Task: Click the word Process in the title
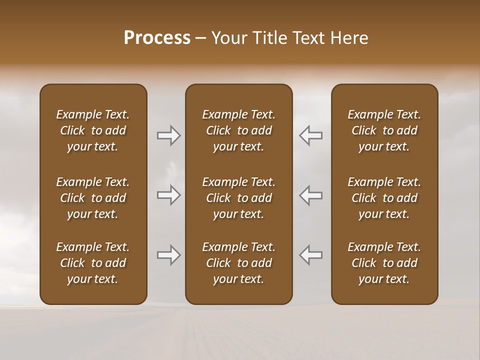(157, 38)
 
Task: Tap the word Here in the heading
(349, 38)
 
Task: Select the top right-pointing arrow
(169, 135)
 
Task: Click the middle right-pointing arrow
(169, 195)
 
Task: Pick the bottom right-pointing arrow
(169, 255)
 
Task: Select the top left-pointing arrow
(310, 135)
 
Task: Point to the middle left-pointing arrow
(310, 195)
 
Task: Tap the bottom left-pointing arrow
(310, 255)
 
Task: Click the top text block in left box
(93, 130)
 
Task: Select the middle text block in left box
(93, 198)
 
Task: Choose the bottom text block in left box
(93, 263)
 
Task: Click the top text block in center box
(239, 130)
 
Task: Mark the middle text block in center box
(239, 198)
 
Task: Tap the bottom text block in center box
(239, 263)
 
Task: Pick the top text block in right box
(384, 130)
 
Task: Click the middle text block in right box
(384, 198)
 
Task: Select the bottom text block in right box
(384, 263)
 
